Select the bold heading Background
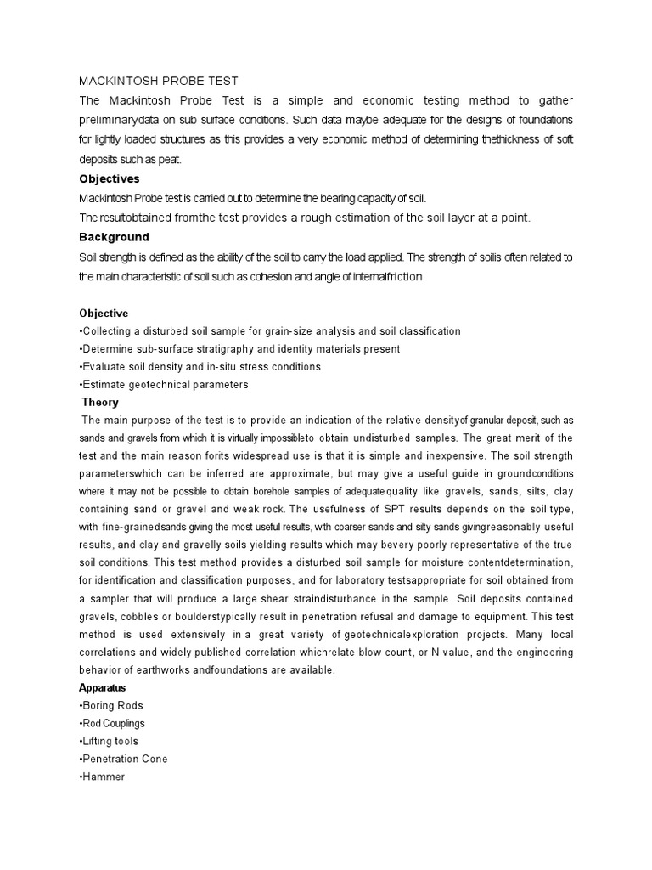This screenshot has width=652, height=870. [114, 237]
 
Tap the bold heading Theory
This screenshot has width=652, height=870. [100, 402]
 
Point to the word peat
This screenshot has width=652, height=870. [168, 159]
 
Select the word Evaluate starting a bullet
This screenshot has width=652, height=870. [108, 366]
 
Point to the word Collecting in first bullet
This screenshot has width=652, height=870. [113, 330]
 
